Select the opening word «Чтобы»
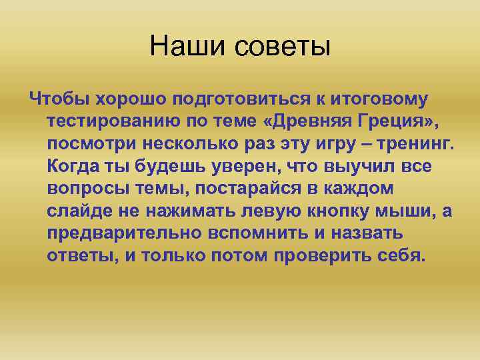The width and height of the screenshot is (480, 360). (59, 99)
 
